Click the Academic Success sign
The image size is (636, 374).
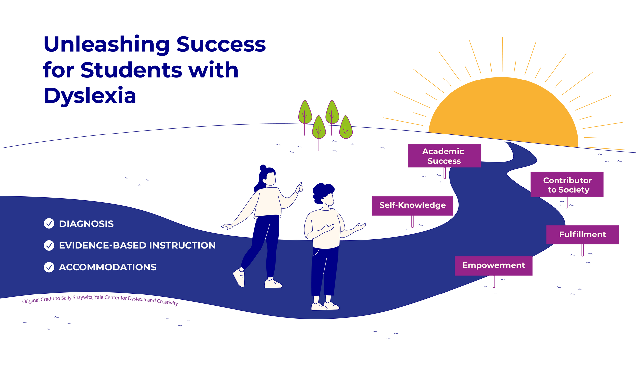[444, 156]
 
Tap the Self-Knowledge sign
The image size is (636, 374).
[412, 206]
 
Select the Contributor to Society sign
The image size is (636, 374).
[567, 185]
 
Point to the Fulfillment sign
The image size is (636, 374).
[583, 235]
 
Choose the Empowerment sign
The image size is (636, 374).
[494, 266]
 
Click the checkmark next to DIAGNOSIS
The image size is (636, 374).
[49, 224]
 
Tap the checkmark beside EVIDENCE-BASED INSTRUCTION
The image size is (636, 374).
[49, 245]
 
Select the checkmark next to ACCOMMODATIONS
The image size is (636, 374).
[49, 267]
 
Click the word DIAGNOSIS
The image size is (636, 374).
[86, 224]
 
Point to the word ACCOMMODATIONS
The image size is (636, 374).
[107, 267]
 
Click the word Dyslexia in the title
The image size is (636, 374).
[90, 96]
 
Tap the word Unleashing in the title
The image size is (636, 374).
[106, 45]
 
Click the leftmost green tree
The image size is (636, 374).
[305, 113]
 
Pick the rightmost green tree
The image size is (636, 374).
[345, 128]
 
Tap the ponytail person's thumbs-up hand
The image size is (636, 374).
[300, 187]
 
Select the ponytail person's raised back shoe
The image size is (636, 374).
[239, 278]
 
